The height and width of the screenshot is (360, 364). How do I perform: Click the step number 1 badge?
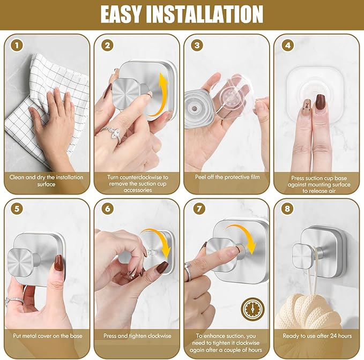coord(18,46)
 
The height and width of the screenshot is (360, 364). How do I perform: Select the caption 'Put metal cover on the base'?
coord(47,336)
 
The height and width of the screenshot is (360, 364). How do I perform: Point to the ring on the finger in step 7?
coord(188,272)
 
